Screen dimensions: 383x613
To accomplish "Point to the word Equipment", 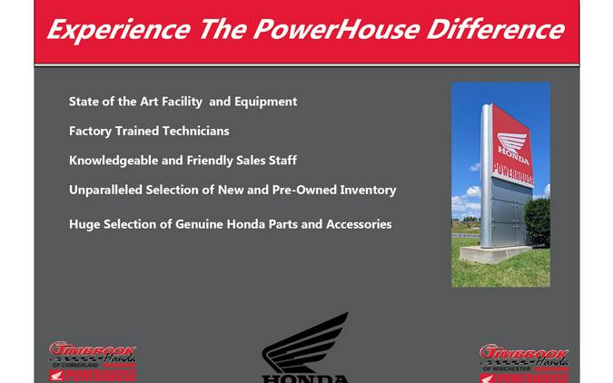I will (265, 102).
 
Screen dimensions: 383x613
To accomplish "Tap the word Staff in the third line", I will (280, 161).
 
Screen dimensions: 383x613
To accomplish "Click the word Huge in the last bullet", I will (84, 224).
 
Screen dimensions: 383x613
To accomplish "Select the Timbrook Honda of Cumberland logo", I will (93, 361).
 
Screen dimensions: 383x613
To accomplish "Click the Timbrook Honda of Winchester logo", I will (523, 361).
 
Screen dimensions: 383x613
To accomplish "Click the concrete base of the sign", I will (495, 254).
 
